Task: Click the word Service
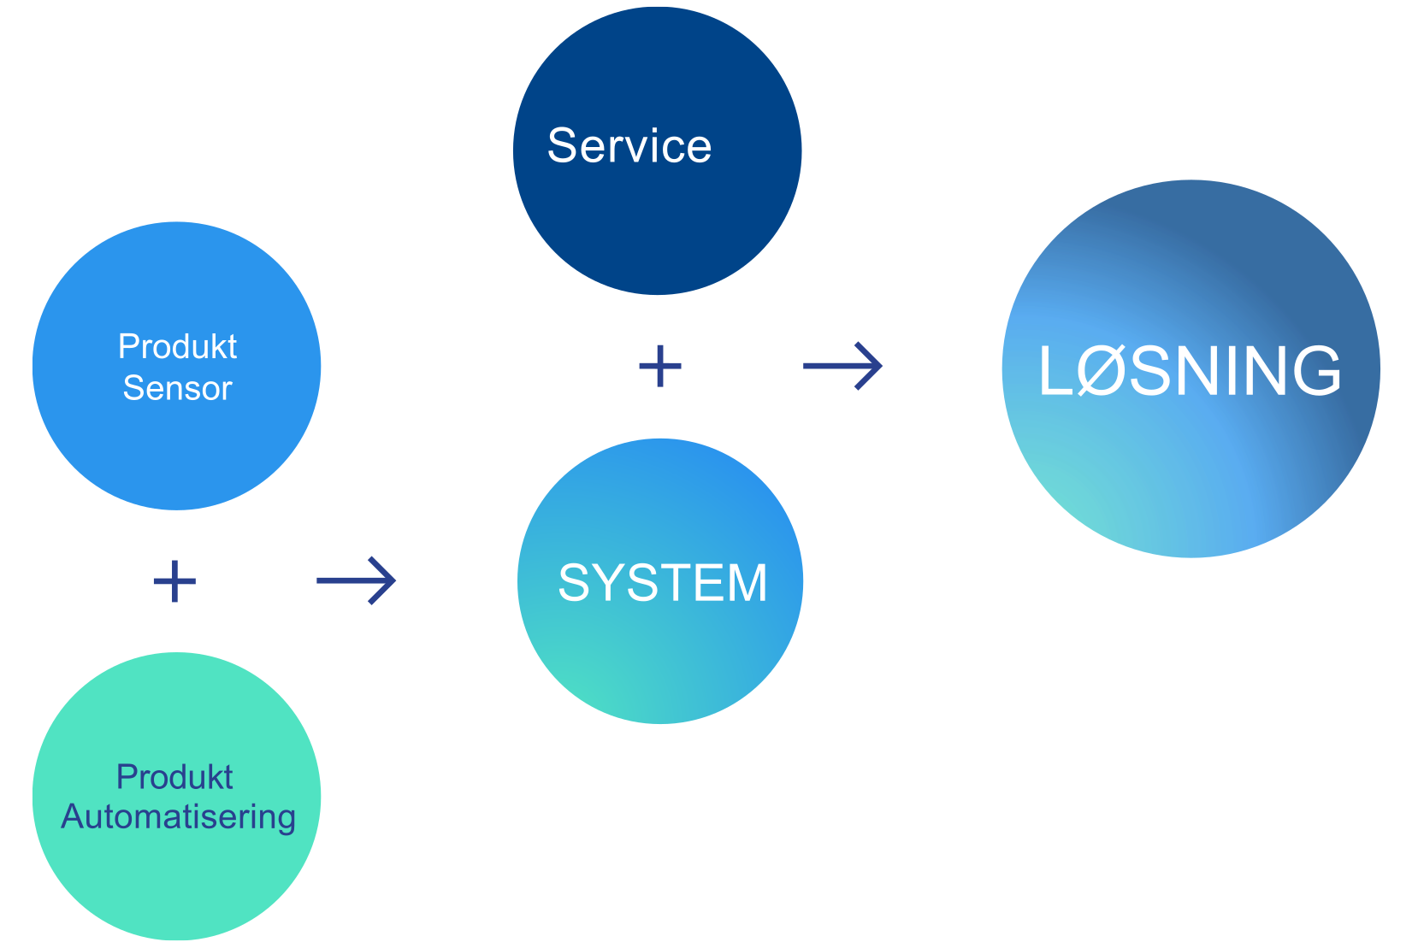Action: [x=629, y=146]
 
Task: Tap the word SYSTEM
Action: [x=663, y=583]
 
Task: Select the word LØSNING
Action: [x=1190, y=371]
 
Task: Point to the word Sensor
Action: [x=177, y=389]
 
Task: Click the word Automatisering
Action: [x=178, y=817]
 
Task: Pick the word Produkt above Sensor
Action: [x=177, y=347]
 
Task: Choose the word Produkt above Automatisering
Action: [x=174, y=777]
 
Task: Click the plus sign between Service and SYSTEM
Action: [x=660, y=366]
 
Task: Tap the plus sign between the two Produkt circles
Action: [x=174, y=581]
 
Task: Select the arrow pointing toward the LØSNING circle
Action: [x=842, y=366]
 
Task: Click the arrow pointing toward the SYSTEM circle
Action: [x=356, y=580]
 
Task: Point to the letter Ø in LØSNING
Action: [x=1101, y=371]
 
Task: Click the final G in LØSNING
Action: [x=1315, y=371]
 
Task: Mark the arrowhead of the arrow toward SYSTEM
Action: [x=387, y=580]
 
